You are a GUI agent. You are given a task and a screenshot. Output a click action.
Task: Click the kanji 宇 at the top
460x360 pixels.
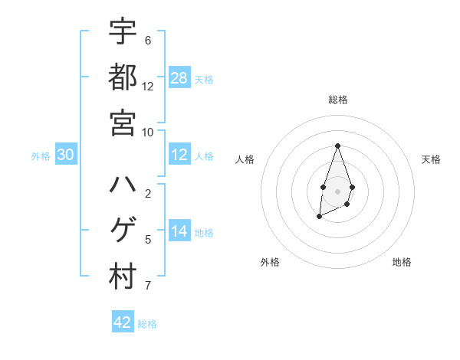(x=123, y=32)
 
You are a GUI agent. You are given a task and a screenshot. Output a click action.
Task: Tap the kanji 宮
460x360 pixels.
(x=123, y=123)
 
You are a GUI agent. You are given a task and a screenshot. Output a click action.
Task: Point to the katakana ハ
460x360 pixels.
(x=123, y=185)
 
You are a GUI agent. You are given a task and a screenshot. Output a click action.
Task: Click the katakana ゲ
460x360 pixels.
(x=123, y=231)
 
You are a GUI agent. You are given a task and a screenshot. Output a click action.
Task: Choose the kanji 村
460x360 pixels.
(x=123, y=277)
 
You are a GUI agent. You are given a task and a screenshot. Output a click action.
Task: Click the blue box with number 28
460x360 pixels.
(x=179, y=78)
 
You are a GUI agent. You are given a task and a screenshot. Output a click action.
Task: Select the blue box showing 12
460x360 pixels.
(x=179, y=155)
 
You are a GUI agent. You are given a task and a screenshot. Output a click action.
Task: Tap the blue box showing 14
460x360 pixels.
(x=179, y=231)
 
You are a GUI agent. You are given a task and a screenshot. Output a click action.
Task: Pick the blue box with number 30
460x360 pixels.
(x=66, y=155)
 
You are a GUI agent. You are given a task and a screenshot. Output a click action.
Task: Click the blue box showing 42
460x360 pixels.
(x=123, y=322)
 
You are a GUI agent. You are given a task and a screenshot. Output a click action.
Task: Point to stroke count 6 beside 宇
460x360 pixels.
(x=148, y=41)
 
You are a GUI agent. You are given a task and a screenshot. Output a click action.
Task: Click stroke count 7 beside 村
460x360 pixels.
(x=148, y=286)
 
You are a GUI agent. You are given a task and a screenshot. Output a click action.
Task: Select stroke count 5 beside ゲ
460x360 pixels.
(x=148, y=240)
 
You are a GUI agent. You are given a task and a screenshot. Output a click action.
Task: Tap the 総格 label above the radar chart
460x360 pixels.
(x=337, y=100)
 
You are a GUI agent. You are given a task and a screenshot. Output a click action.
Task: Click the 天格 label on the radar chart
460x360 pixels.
(x=432, y=159)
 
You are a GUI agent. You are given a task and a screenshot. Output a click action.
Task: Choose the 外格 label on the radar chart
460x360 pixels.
(x=270, y=262)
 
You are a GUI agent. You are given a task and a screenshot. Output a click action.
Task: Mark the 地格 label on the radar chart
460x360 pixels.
(x=402, y=262)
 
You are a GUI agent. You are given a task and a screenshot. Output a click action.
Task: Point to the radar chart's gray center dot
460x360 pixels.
(x=337, y=191)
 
